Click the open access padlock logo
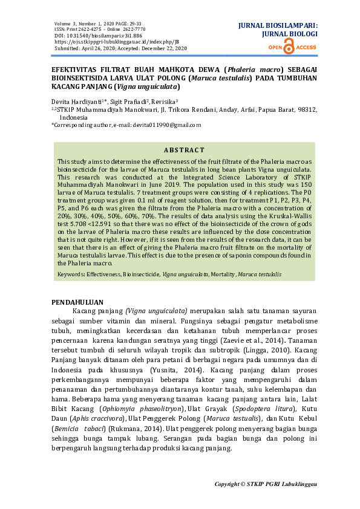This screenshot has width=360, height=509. [x=288, y=47]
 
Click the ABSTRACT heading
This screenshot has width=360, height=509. [x=185, y=150]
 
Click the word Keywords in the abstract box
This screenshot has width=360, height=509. [x=70, y=274]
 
